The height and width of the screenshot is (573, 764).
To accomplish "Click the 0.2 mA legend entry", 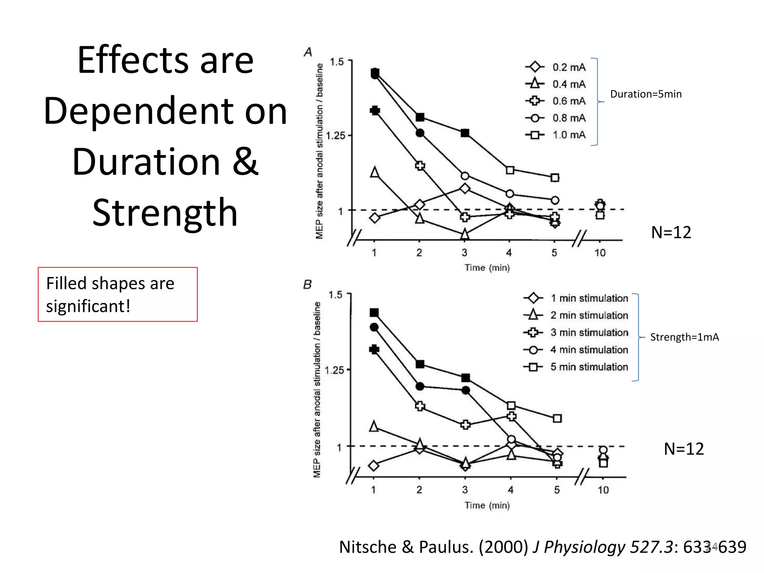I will [x=556, y=67].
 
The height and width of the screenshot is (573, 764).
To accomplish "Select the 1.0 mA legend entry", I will [x=556, y=135].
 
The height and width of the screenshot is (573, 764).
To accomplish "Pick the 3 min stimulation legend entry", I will [x=576, y=332].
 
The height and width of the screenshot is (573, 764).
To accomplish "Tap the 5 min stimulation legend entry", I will [x=576, y=367].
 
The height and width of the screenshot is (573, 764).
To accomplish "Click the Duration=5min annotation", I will [x=646, y=94].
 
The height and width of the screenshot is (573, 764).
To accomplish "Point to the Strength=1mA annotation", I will [x=684, y=337].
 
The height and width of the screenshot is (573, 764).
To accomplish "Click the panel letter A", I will [x=308, y=52].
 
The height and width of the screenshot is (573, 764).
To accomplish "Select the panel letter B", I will [x=307, y=285].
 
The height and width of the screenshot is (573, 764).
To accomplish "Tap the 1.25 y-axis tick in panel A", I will [x=336, y=135].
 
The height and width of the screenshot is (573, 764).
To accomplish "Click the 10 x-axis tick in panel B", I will [x=603, y=490].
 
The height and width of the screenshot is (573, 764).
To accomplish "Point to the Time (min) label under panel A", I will [x=487, y=267].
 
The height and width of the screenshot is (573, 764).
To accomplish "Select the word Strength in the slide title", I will [x=165, y=213].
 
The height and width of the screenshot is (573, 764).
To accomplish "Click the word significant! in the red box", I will [x=88, y=306].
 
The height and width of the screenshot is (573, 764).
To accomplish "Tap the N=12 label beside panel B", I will [x=683, y=449].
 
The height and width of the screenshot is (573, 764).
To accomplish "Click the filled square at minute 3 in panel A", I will [x=465, y=133].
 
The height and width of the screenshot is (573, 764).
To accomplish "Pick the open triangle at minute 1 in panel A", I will [x=375, y=172].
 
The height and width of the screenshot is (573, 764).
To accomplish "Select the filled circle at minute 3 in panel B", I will [x=466, y=390].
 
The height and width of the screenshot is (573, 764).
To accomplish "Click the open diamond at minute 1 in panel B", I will [x=373, y=465].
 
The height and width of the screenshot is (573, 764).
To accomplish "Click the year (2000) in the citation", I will [x=503, y=547].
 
